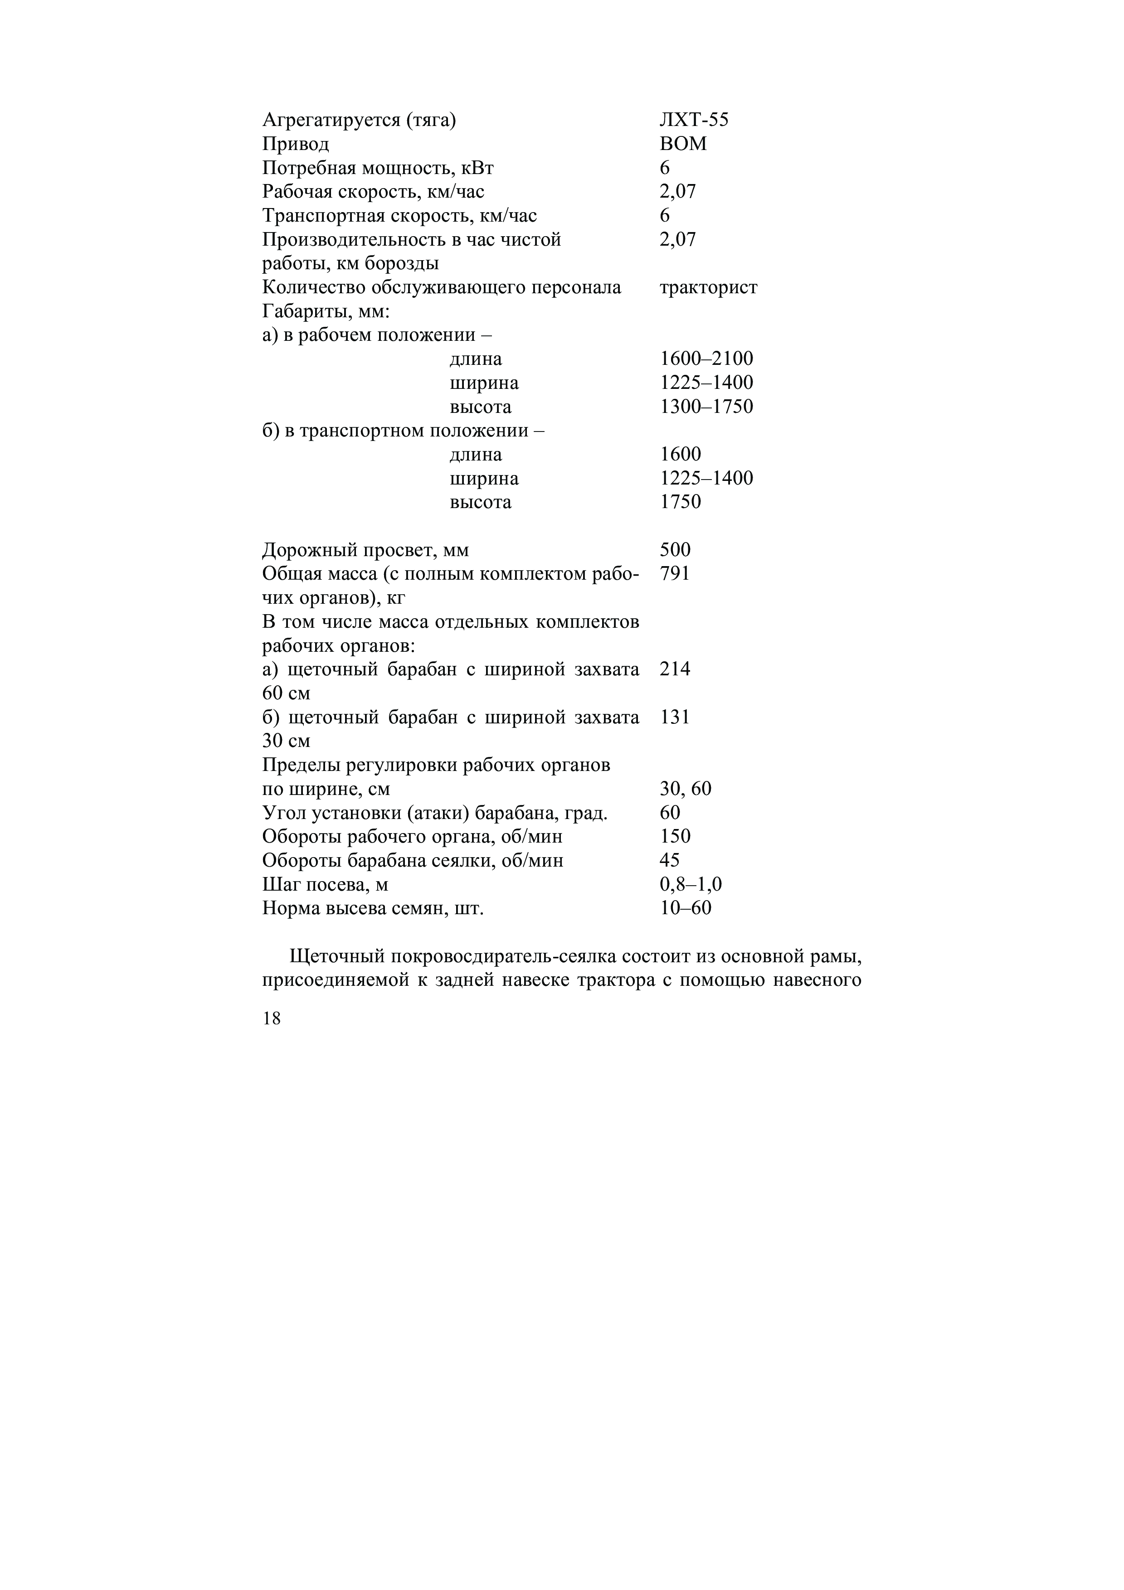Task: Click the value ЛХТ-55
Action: [x=693, y=121]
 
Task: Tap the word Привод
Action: [x=296, y=144]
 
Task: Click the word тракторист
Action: [x=709, y=287]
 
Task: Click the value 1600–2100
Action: [x=706, y=359]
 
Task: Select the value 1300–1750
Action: [x=706, y=407]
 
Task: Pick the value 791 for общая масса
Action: [x=675, y=573]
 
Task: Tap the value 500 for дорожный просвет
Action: [x=675, y=550]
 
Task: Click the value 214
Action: [x=675, y=669]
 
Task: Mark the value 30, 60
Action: [x=685, y=789]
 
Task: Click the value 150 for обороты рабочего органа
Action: [x=675, y=837]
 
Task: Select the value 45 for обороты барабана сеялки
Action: [x=670, y=860]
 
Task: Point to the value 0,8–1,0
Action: [x=691, y=884]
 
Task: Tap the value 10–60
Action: [x=685, y=908]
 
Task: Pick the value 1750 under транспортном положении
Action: [x=680, y=502]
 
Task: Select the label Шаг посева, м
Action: [x=325, y=884]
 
